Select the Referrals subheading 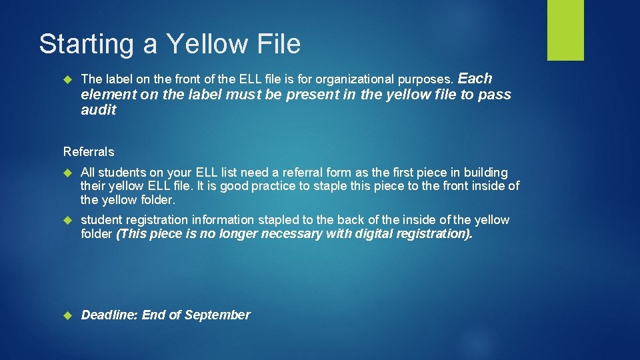click(89, 151)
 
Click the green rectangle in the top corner click(565, 30)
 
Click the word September click(217, 315)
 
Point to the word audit click(98, 110)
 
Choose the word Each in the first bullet click(475, 78)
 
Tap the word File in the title click(277, 44)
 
